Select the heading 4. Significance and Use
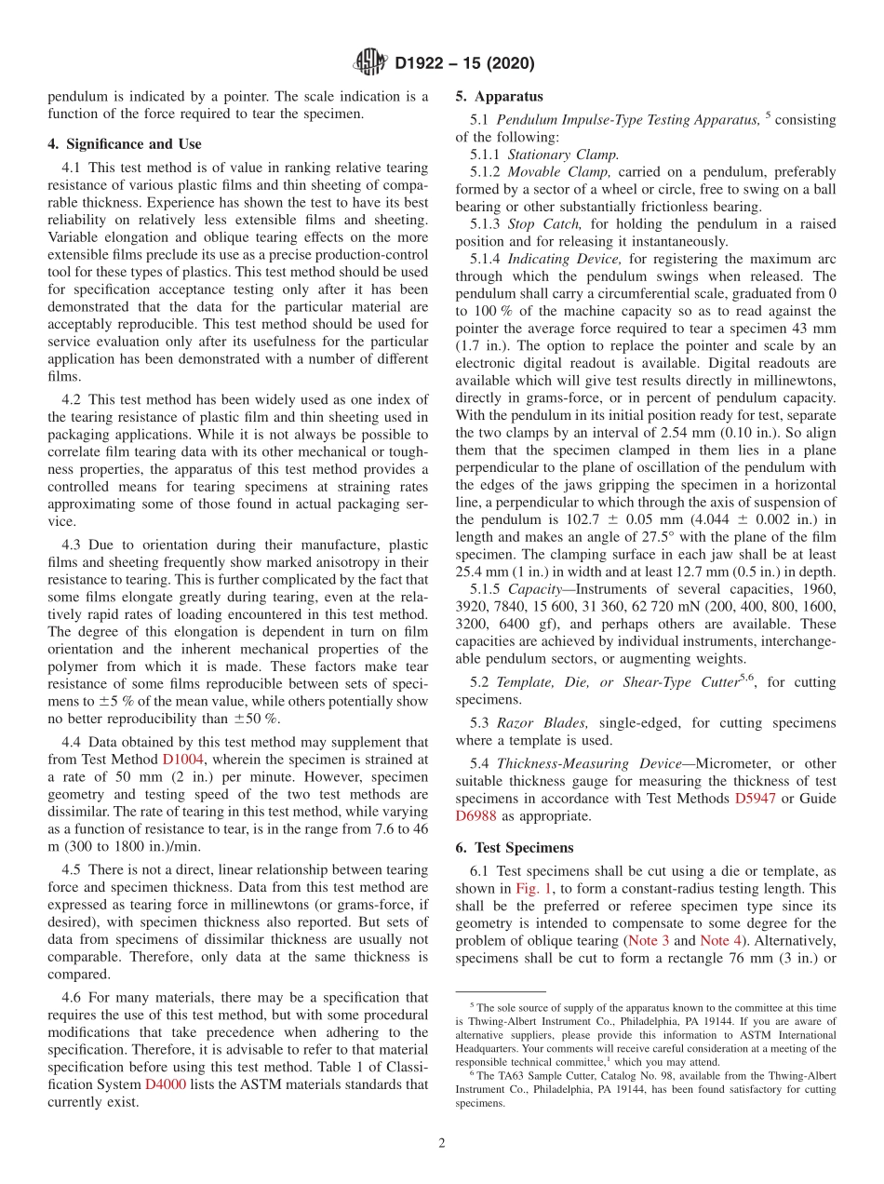click(124, 144)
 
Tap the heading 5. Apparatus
click(499, 96)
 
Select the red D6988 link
click(476, 815)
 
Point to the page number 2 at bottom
click(442, 1143)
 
